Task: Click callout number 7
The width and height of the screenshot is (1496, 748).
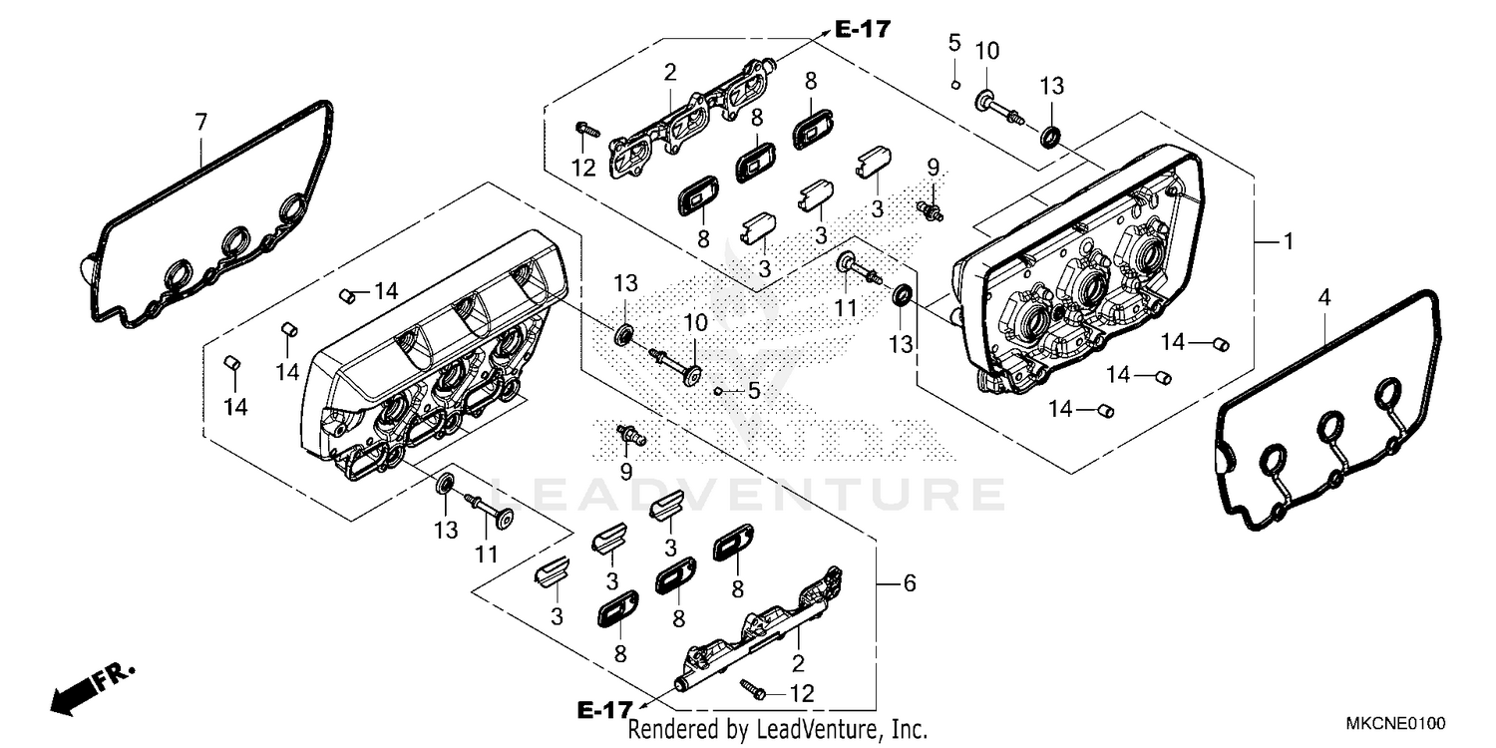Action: [200, 123]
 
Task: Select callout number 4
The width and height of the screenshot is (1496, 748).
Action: [1323, 297]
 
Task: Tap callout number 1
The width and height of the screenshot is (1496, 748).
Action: [1288, 240]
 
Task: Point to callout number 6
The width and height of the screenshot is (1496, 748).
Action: [909, 583]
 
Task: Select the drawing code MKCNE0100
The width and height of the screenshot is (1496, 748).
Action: [1394, 721]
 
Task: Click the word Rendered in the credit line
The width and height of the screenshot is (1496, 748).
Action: [673, 730]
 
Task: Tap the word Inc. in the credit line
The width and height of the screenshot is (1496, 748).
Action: [907, 730]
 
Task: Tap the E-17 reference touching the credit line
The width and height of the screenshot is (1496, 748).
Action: [604, 710]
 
